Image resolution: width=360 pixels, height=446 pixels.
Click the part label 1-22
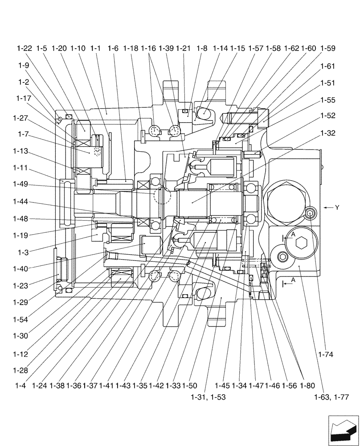[25, 48]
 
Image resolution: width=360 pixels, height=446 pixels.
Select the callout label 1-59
[327, 48]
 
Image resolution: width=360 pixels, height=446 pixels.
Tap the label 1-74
[326, 355]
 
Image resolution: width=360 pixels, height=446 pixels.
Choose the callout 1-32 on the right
[327, 133]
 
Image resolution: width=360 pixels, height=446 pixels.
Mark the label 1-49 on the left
[20, 184]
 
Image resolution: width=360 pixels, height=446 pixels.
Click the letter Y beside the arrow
[337, 207]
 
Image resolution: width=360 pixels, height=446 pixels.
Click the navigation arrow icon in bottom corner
[343, 430]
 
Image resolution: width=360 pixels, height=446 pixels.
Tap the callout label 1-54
[20, 319]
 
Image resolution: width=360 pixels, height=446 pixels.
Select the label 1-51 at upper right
[327, 83]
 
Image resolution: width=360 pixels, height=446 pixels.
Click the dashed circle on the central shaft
[161, 195]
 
